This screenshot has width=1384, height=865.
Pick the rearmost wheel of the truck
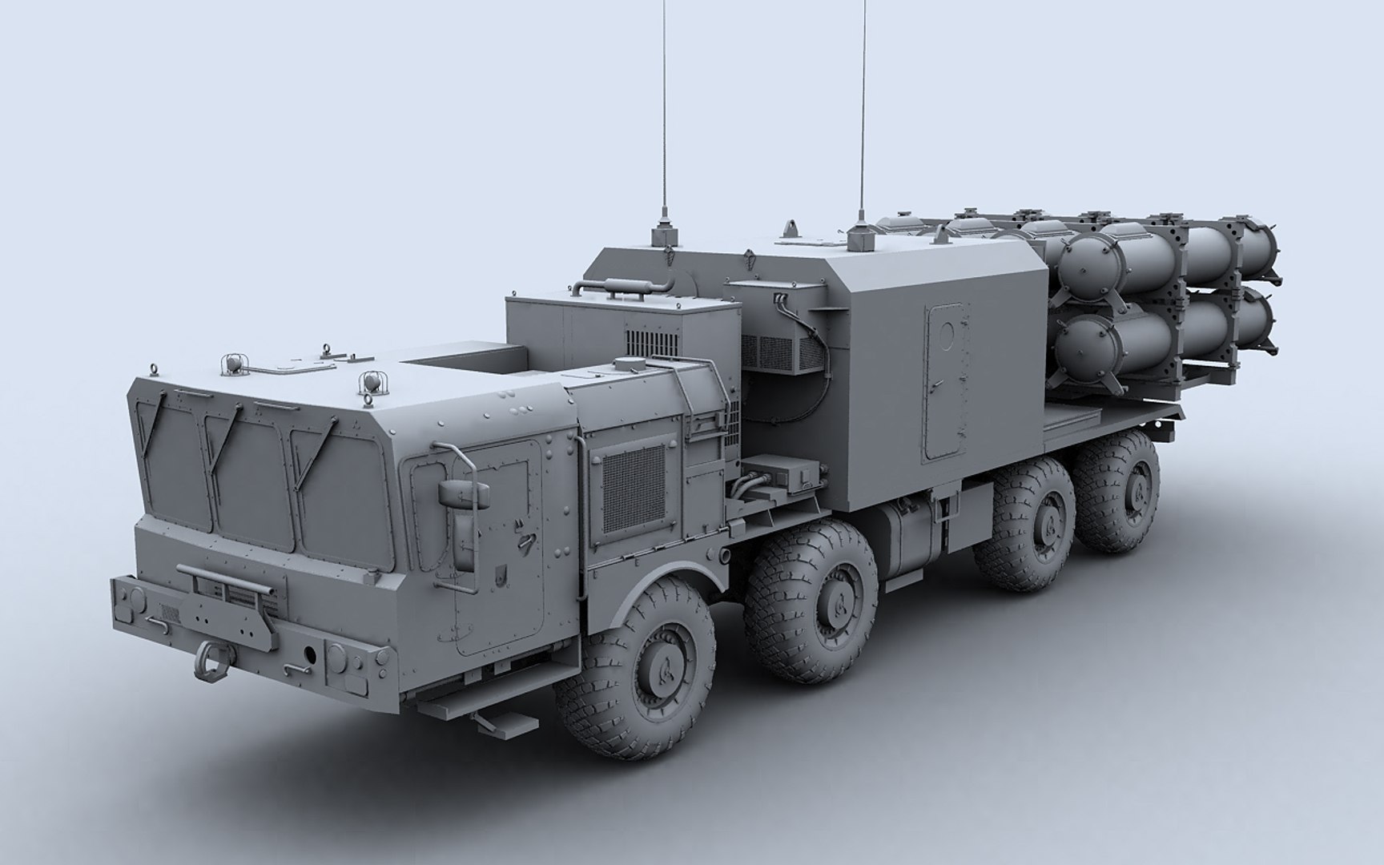tap(1119, 492)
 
